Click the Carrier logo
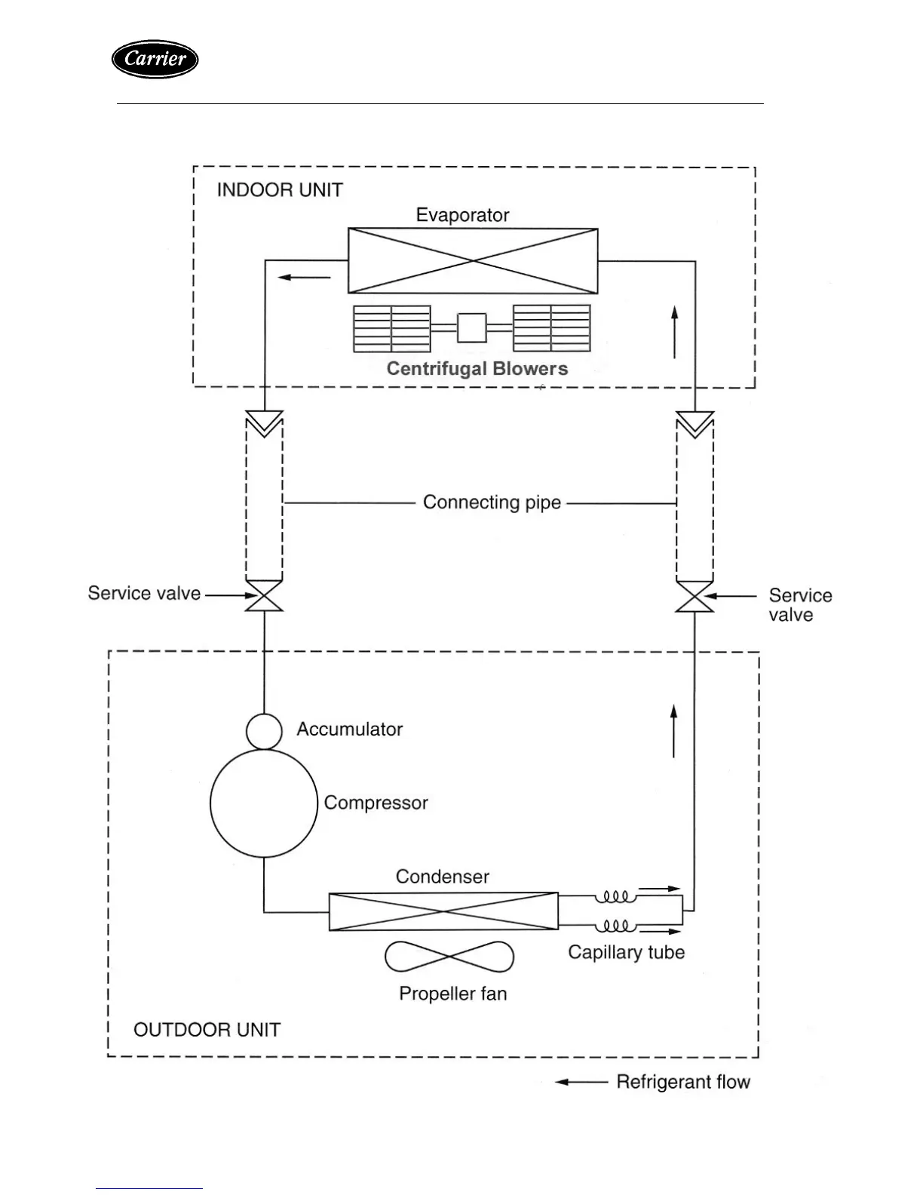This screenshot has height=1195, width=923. pos(155,59)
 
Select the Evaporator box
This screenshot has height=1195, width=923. pos(473,261)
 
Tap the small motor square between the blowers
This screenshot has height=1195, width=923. pos(472,327)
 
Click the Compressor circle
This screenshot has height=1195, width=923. pos(264,803)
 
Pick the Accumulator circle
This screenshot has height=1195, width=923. pos(264,730)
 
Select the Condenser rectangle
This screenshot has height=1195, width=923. pos(443,911)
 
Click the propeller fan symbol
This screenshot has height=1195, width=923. pos(449,957)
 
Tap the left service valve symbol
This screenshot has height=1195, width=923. pos(265,596)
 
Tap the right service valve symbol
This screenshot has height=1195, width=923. pos(695,597)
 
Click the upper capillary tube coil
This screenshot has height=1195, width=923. pos(615,897)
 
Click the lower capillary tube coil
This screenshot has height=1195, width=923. pos(615,926)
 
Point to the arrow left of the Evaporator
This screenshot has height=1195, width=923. pos(305,278)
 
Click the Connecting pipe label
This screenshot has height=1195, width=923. pos(492,502)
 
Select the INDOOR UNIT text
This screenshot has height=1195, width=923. pos(280,190)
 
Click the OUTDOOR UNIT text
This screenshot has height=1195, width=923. pos(207,1030)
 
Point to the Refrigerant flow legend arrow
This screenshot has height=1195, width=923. pos(581,1082)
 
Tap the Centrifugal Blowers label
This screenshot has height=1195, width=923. pos(477,369)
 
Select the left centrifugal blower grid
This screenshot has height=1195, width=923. pos(392,328)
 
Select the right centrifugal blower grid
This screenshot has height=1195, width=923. pos(551,328)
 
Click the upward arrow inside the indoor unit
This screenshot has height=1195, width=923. pos(675,332)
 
